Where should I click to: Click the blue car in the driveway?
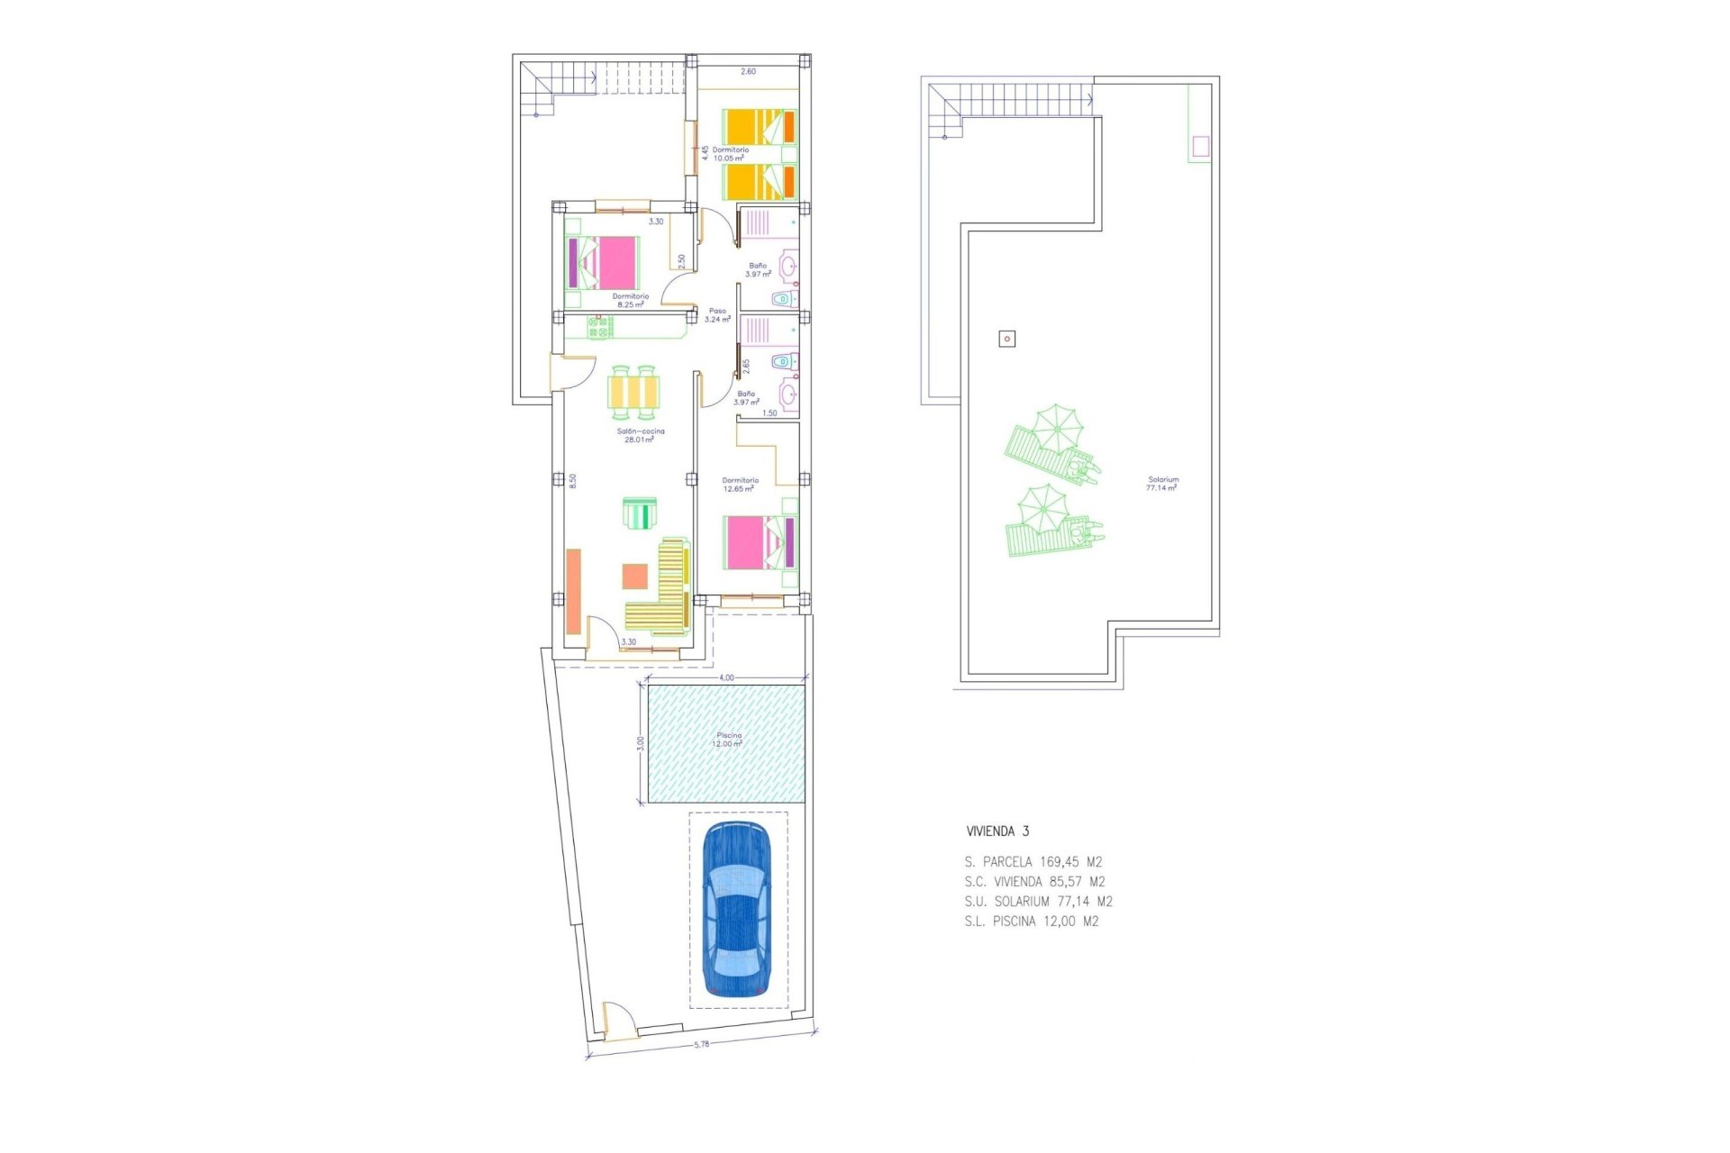[736, 909]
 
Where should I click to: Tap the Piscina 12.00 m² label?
[727, 740]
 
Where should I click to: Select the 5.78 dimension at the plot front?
[702, 1045]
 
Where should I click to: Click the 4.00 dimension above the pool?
[726, 677]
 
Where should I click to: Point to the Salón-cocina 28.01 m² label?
[640, 435]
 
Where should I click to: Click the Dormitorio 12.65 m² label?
[740, 485]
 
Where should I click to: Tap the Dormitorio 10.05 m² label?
[730, 154]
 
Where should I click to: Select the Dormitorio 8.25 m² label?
[630, 300]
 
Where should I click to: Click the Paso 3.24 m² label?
[717, 315]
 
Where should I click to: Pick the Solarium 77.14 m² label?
[1162, 484]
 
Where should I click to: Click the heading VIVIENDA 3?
[997, 831]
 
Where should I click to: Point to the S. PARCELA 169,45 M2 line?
[1033, 862]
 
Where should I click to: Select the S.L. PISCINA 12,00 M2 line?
[1031, 921]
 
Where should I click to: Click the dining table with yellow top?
[633, 392]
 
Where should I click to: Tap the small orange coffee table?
[634, 576]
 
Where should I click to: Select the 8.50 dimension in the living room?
[572, 481]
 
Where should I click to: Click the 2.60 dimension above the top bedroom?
[748, 71]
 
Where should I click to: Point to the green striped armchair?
[640, 514]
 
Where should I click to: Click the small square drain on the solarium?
[1007, 339]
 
